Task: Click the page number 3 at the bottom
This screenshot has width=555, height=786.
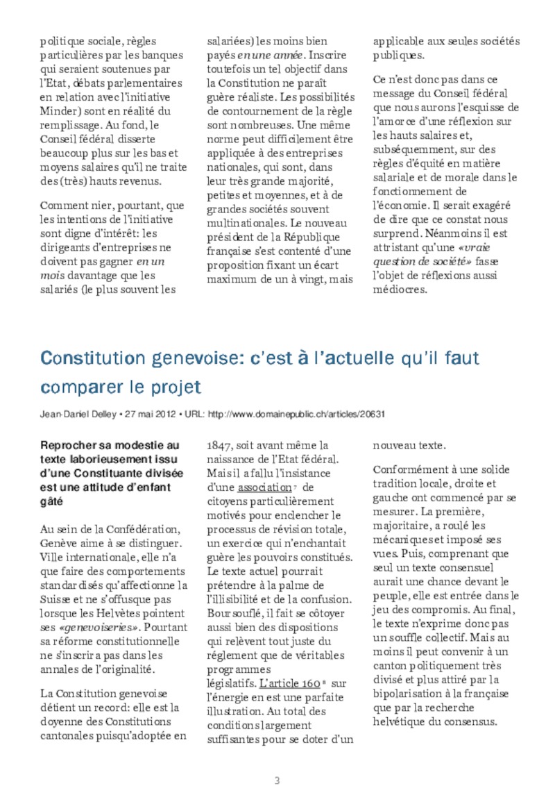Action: click(277, 761)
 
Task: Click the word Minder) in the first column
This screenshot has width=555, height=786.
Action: click(61, 111)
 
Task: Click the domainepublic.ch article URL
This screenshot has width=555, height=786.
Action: click(297, 414)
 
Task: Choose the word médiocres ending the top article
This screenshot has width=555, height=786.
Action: click(400, 290)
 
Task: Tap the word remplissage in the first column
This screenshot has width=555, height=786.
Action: click(72, 125)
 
